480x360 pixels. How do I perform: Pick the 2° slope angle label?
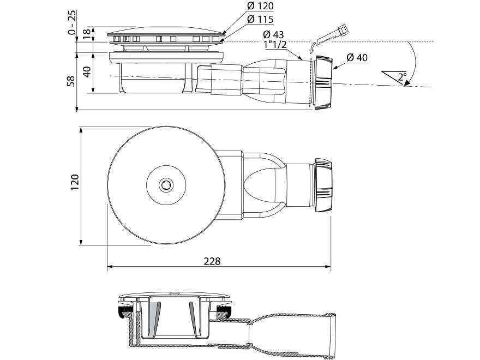(x=403, y=77)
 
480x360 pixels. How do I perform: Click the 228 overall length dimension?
(x=213, y=261)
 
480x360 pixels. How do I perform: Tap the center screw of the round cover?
(x=165, y=186)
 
